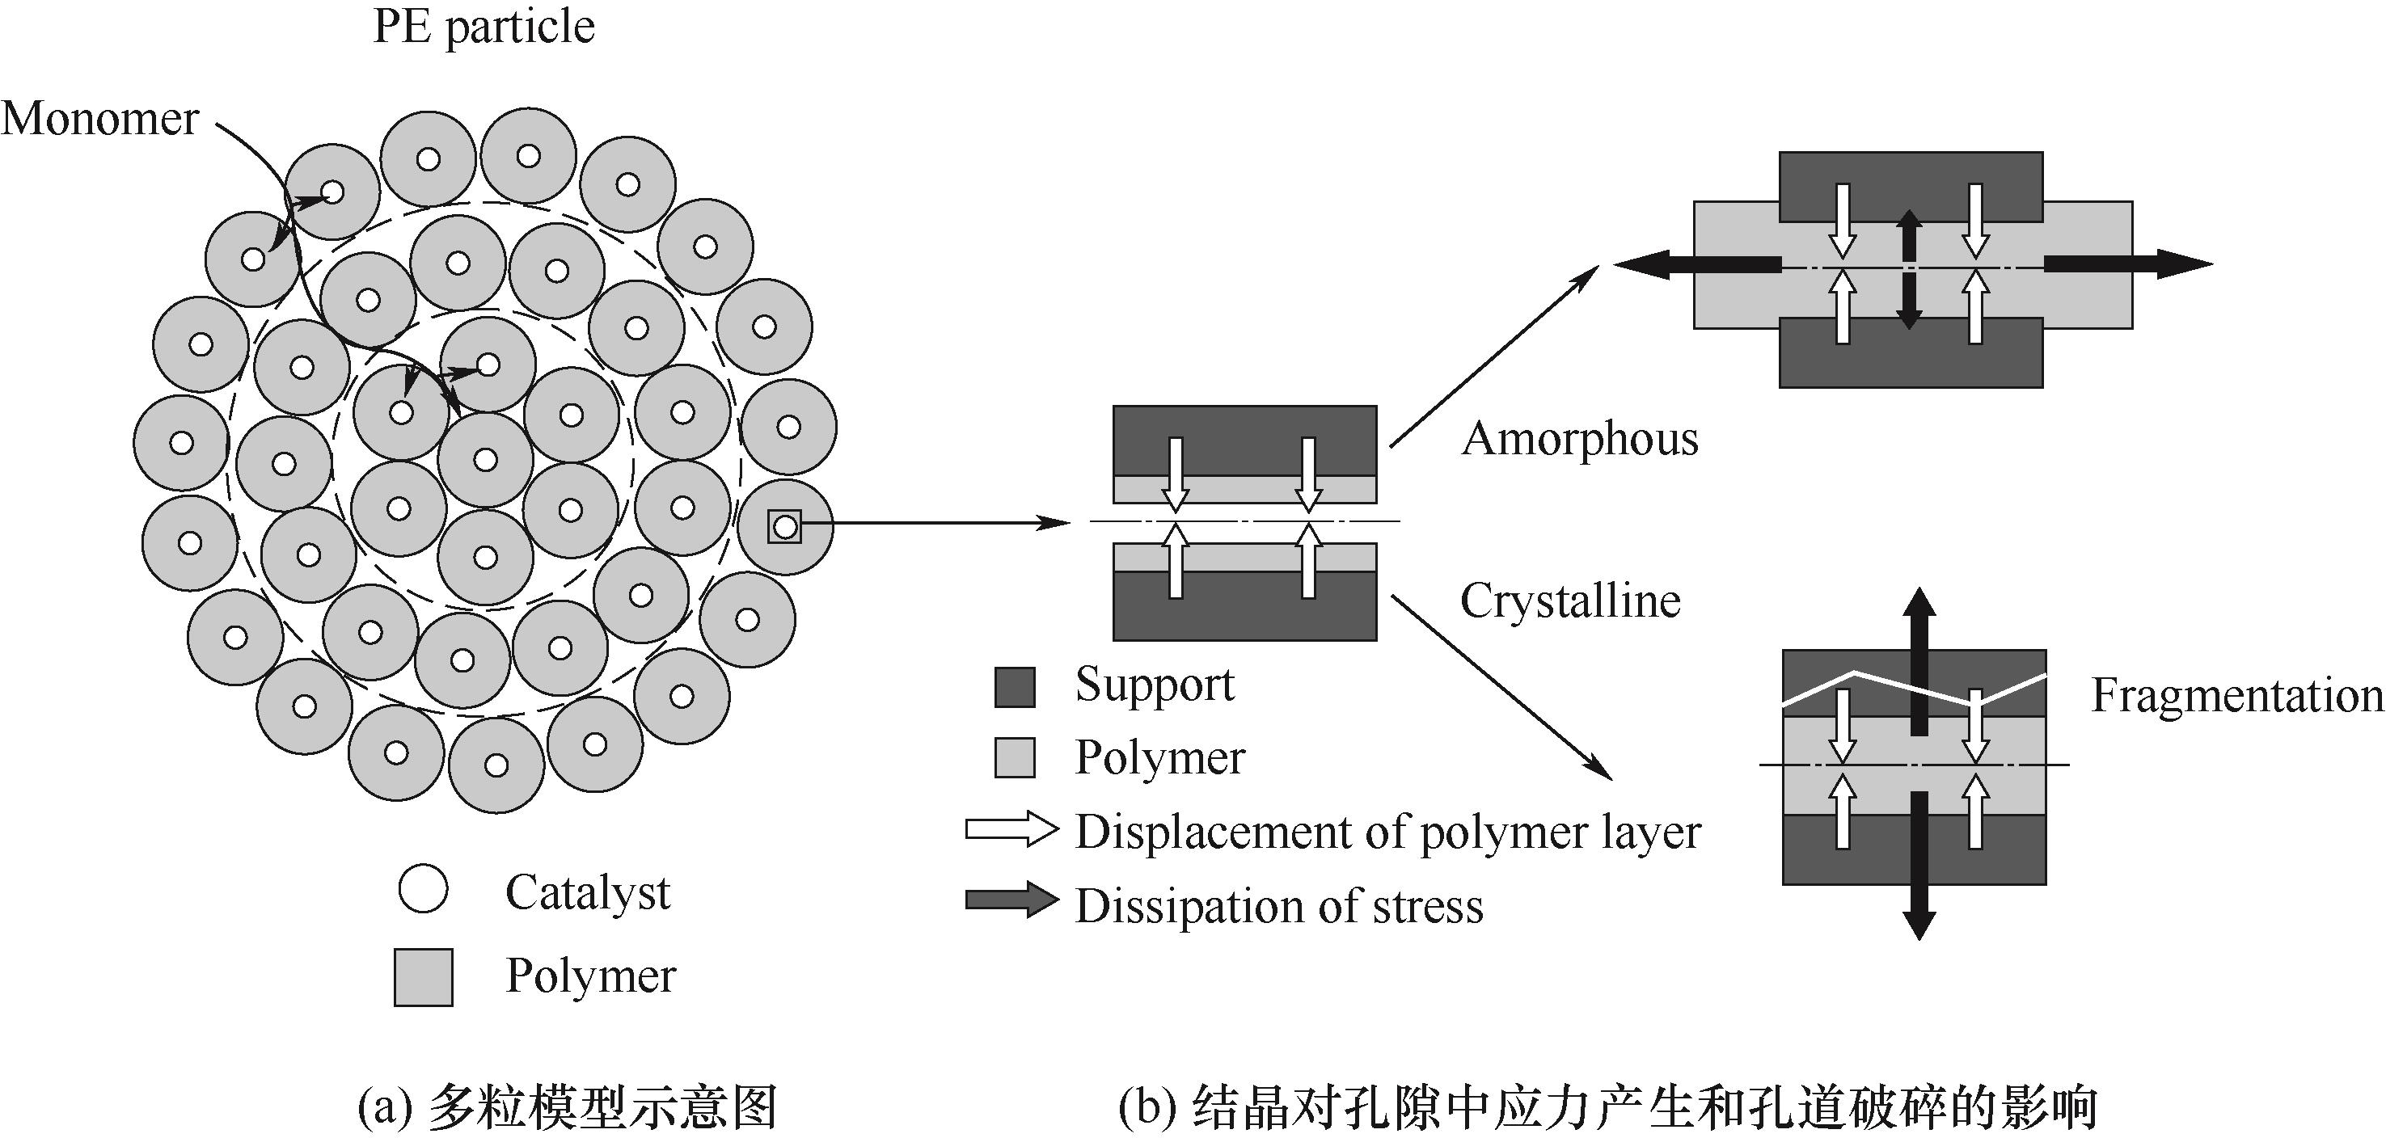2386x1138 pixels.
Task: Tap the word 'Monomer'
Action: point(100,119)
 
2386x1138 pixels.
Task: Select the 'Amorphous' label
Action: point(1580,438)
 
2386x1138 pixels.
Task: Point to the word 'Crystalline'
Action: point(1570,601)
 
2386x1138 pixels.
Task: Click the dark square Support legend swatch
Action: point(1014,687)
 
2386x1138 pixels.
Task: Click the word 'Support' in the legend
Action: point(1154,685)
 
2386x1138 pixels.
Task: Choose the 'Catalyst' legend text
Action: point(587,892)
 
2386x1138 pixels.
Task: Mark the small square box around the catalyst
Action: point(784,527)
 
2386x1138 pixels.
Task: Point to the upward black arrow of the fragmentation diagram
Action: point(1918,657)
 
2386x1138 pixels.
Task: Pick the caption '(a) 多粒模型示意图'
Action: point(567,1107)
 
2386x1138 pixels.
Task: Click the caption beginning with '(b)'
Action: point(1607,1107)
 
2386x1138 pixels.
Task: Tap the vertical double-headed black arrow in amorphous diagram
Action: point(1908,268)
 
